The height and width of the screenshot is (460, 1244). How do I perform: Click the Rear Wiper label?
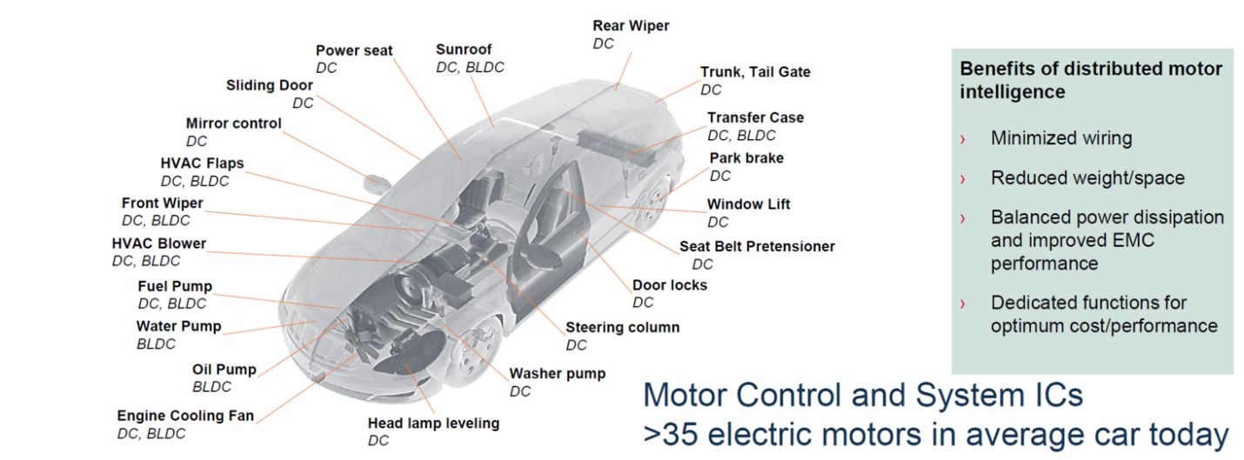[631, 26]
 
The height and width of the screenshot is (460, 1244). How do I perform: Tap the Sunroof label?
[464, 50]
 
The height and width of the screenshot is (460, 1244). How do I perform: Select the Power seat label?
[354, 50]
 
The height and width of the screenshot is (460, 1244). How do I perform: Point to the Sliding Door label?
[270, 85]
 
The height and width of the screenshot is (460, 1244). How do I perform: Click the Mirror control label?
[233, 123]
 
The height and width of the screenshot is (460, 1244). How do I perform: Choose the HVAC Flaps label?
[202, 163]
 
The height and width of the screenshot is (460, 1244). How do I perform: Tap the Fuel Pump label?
[175, 286]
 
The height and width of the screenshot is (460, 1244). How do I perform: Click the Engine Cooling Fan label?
[185, 416]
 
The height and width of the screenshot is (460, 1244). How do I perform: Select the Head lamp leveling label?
[433, 423]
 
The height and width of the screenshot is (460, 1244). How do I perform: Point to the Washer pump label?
[557, 373]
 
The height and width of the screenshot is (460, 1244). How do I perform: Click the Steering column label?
[622, 327]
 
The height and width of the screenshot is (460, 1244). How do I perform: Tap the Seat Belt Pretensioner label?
[757, 246]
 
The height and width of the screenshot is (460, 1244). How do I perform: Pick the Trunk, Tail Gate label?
[755, 72]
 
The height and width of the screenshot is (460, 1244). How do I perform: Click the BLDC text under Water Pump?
[156, 344]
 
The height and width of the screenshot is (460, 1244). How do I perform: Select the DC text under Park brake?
[720, 176]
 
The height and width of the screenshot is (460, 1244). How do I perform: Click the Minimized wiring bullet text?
[1061, 138]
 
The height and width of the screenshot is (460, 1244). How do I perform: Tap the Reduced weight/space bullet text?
[1087, 178]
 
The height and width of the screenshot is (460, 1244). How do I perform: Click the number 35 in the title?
[680, 435]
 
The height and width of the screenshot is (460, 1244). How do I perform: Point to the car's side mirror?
[378, 182]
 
